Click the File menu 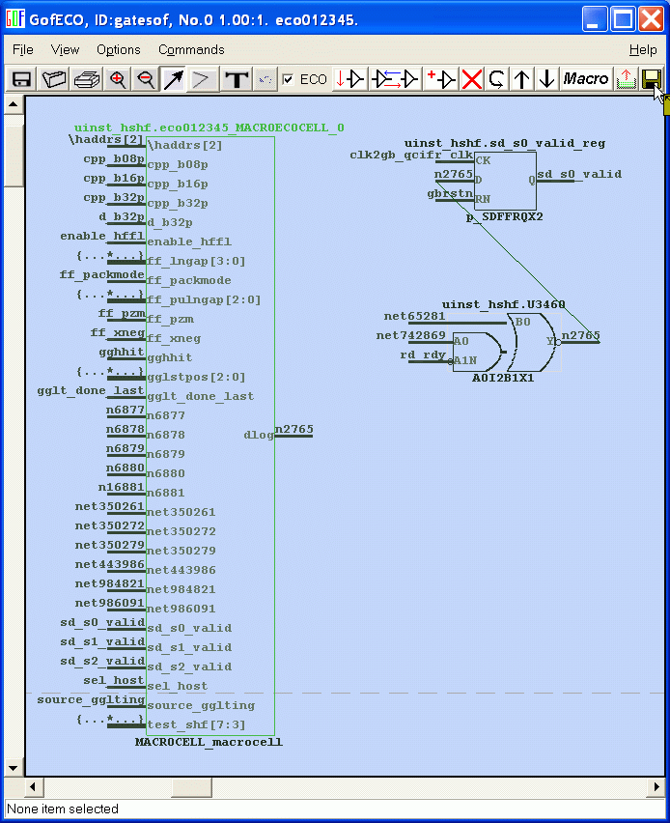point(22,49)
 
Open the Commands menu point(191,49)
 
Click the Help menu point(643,49)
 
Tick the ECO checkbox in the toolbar point(288,79)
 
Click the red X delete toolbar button point(471,79)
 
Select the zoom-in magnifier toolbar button point(118,79)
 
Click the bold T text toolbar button point(236,79)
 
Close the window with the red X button point(651,17)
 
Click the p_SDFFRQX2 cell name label point(504,216)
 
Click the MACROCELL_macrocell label point(209,742)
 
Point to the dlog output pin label point(258,435)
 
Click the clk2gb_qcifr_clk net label point(411,155)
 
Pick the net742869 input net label point(411,335)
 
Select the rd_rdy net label point(423,355)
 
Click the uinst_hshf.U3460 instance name point(503,304)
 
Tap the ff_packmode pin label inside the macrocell point(188,280)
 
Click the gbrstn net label point(450,193)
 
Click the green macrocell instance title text point(209,128)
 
